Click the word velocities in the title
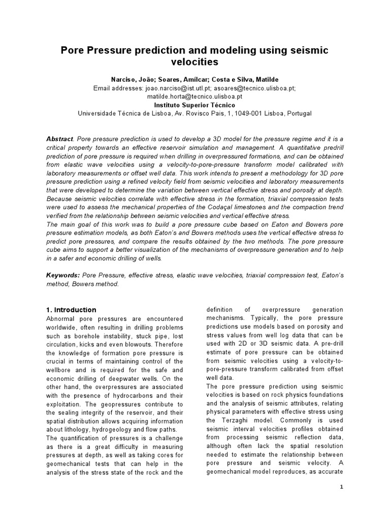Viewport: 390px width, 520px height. point(195,62)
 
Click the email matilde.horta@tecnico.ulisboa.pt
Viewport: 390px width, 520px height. point(195,96)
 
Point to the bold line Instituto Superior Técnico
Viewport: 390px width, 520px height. point(195,105)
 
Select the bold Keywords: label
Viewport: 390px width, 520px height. point(63,275)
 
